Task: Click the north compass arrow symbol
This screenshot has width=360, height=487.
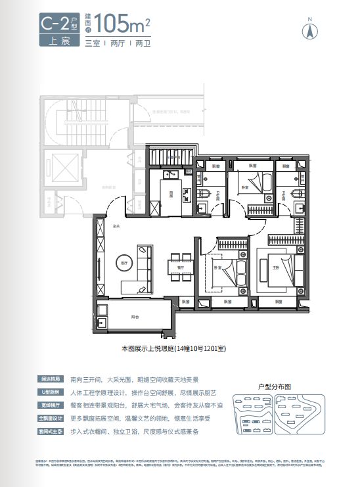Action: [x=306, y=30]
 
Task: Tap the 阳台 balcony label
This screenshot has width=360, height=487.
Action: [x=135, y=317]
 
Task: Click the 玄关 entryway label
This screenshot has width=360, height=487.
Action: [x=116, y=227]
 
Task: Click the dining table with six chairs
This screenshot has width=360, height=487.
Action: [x=175, y=257]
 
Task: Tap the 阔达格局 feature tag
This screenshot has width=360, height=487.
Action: [x=50, y=379]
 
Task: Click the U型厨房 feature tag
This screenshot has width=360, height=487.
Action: [x=50, y=392]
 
